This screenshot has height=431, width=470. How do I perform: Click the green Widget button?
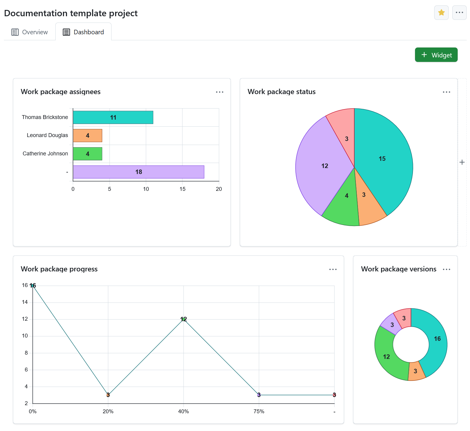(436, 55)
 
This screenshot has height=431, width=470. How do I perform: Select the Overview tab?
(30, 32)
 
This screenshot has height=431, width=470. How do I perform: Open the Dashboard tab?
(83, 32)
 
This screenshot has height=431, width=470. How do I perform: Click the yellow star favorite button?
(441, 13)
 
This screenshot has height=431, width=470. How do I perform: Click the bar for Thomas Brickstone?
(113, 117)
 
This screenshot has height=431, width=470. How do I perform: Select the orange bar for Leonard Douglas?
(87, 136)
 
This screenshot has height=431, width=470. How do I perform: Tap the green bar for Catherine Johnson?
(87, 154)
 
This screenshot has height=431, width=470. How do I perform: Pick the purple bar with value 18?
(139, 172)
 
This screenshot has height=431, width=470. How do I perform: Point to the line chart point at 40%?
(184, 319)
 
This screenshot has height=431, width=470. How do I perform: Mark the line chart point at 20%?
(108, 395)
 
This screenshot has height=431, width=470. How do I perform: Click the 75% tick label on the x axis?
(259, 411)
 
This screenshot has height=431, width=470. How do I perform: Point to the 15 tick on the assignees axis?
(182, 189)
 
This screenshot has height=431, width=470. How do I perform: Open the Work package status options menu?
(446, 92)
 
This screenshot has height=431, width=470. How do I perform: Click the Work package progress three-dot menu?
(333, 269)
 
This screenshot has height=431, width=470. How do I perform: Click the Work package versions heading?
(398, 269)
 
